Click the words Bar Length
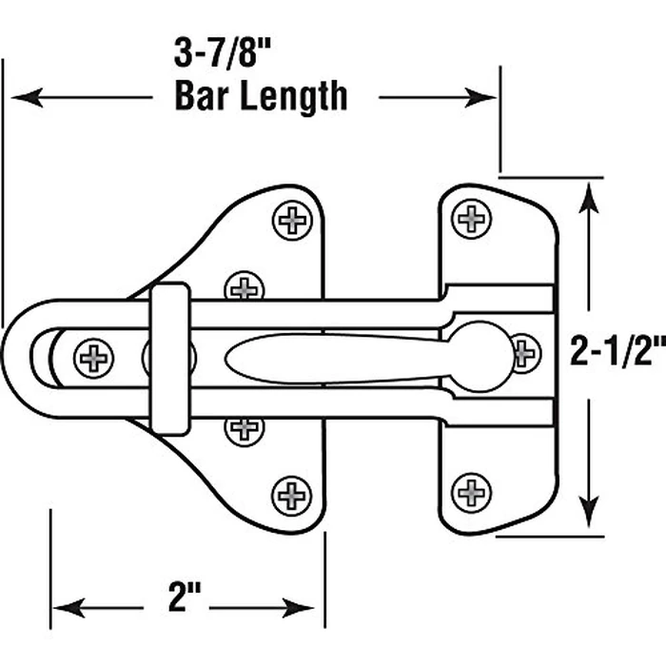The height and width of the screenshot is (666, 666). pyautogui.click(x=261, y=96)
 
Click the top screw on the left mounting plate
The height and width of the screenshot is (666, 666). pyautogui.click(x=293, y=220)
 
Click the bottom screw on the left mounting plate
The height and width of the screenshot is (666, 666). pyautogui.click(x=292, y=494)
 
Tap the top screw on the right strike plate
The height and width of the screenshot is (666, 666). pyautogui.click(x=473, y=219)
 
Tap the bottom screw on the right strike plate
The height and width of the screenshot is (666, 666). pyautogui.click(x=473, y=492)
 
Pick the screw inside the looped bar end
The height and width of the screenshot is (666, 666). pyautogui.click(x=94, y=357)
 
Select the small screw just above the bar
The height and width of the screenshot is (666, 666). pyautogui.click(x=245, y=286)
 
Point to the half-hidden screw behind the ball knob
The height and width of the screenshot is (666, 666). pyautogui.click(x=525, y=352)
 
